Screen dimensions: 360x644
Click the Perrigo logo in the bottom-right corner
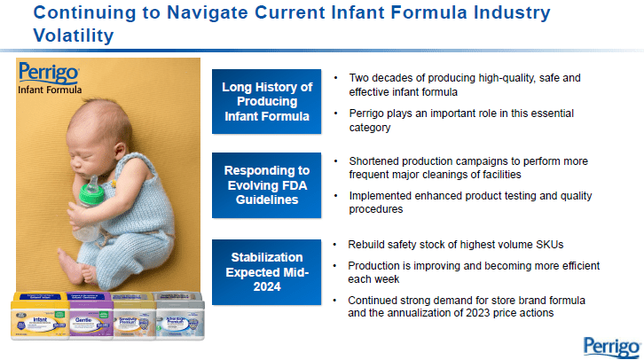[610, 344]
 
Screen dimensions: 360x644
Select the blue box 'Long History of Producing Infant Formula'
[266, 101]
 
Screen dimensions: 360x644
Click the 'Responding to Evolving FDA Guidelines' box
[266, 184]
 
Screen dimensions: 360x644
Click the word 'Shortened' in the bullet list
[375, 161]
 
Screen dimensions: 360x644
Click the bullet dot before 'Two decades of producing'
[335, 78]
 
